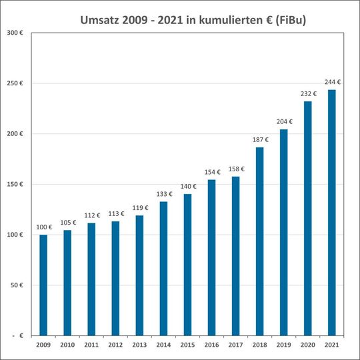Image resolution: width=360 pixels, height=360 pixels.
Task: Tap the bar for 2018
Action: pyautogui.click(x=259, y=241)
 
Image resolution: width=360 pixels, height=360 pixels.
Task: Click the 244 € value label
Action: pyautogui.click(x=332, y=83)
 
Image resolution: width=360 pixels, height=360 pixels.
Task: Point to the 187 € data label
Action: pyautogui.click(x=260, y=140)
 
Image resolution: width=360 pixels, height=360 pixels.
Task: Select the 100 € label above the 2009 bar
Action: pyautogui.click(x=44, y=228)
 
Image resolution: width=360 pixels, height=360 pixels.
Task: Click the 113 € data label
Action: pyautogui.click(x=115, y=215)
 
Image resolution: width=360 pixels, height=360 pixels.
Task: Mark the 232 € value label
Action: pyautogui.click(x=308, y=94)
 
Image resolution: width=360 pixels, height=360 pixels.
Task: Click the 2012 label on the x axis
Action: pyautogui.click(x=115, y=345)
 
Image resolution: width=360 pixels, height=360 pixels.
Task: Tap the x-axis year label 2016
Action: pyautogui.click(x=211, y=345)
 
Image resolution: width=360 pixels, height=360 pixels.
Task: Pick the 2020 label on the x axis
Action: pyautogui.click(x=307, y=345)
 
